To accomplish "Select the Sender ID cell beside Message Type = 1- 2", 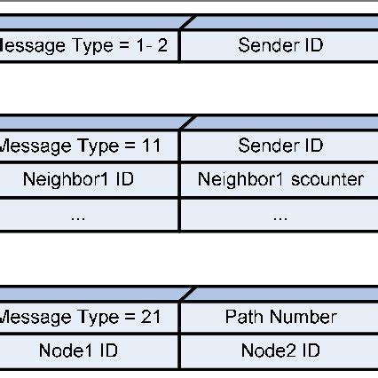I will (x=280, y=45).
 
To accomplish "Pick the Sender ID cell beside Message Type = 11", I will (x=280, y=146).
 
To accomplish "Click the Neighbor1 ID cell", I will (x=78, y=179).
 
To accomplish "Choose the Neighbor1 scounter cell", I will (x=280, y=179).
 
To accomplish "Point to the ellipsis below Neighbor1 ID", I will (x=78, y=216).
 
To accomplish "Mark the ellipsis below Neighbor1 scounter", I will (x=280, y=216).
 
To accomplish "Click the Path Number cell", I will (x=280, y=317).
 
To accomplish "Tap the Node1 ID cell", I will (x=78, y=350).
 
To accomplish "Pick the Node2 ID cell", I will (x=280, y=350).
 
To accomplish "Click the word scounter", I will (x=326, y=180).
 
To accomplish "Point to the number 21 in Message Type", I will (x=151, y=317).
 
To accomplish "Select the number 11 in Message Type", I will (x=151, y=146).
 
